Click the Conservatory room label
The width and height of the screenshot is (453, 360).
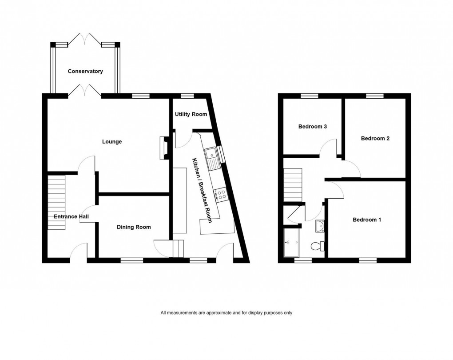coord(85,71)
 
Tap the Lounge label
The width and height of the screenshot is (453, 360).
coord(112,142)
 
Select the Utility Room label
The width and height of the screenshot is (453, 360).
coord(191,114)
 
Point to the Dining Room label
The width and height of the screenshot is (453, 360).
coord(134,227)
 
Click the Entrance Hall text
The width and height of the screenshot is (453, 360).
coord(71,216)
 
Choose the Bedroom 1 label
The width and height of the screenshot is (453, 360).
coord(367,220)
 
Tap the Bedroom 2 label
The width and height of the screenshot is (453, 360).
coord(375,138)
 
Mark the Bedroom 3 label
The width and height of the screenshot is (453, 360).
coord(313,127)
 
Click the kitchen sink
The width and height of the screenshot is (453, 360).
coord(212,158)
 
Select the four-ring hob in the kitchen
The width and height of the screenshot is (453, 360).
coord(220,194)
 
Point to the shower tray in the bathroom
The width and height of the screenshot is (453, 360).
coord(292,243)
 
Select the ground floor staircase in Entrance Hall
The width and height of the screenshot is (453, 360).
coord(56,202)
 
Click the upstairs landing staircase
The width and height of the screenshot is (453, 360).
coord(293,184)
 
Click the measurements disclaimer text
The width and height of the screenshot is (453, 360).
coord(226,313)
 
